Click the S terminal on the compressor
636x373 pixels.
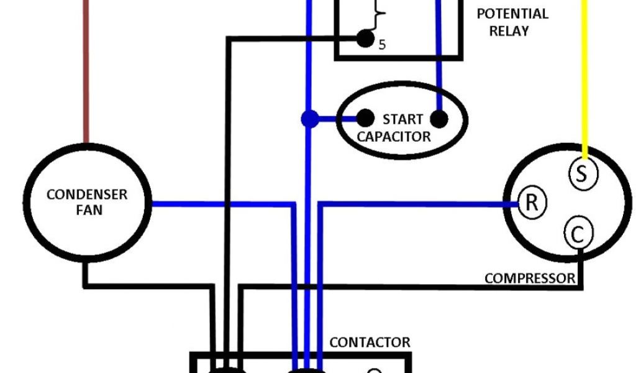coord(582,173)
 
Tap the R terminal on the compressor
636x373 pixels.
coord(531,203)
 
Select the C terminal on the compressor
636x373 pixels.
coord(578,235)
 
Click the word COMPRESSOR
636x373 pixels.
coord(530,278)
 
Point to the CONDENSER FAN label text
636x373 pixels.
coord(87,202)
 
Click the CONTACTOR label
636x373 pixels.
coord(370,343)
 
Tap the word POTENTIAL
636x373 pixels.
coord(512,14)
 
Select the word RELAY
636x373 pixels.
coord(509,30)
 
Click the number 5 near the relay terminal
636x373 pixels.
coord(382,45)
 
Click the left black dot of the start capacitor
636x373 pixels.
coord(366,117)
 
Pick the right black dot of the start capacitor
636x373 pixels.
coord(439,119)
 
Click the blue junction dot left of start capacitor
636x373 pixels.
coord(309,118)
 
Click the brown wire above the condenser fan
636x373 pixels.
coord(86,75)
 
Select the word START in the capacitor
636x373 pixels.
coord(402,119)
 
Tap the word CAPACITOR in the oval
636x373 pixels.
coord(394,136)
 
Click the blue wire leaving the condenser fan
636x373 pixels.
coord(217,203)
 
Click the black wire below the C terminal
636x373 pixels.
coord(581,267)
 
